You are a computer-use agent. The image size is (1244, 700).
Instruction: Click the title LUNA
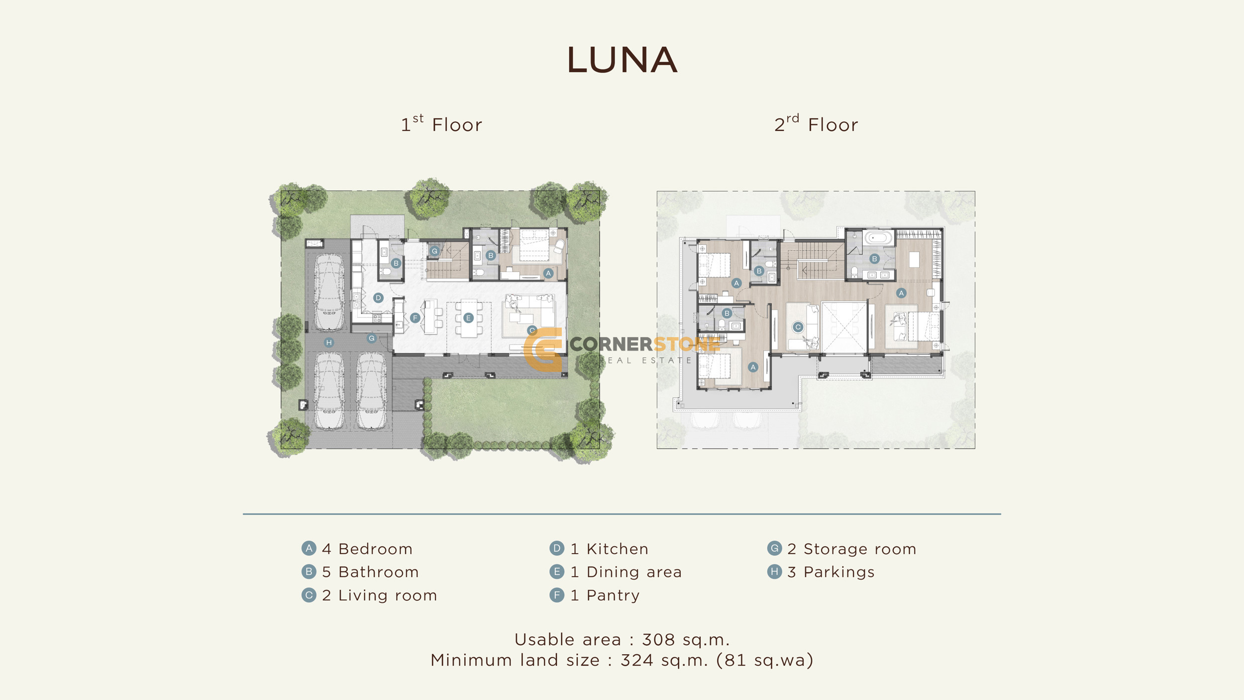pos(622,60)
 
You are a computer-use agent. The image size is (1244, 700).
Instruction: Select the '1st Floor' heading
pos(441,124)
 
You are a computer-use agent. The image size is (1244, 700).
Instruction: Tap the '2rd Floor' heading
pos(816,124)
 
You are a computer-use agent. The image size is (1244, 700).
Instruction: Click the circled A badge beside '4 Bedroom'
pos(309,548)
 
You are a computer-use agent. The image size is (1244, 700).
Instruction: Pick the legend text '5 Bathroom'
pos(370,572)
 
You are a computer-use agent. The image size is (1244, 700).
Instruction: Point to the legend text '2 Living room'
pos(379,595)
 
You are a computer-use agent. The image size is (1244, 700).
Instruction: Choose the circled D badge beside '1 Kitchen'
pos(557,548)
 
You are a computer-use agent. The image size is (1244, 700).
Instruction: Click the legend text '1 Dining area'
pos(626,572)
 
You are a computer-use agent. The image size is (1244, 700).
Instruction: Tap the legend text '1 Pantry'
pos(605,595)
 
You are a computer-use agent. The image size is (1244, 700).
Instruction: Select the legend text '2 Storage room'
pos(851,549)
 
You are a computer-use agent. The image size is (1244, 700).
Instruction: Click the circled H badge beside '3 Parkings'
pos(774,572)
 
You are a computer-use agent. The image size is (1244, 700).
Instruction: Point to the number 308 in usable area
pos(658,639)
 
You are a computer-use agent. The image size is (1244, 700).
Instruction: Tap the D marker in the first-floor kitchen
pos(378,298)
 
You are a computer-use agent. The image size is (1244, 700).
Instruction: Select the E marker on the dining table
pos(468,318)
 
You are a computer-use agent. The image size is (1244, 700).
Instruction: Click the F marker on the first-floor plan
pos(415,318)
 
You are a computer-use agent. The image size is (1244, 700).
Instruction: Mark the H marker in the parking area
pos(329,342)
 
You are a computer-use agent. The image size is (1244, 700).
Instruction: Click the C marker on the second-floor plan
pos(798,327)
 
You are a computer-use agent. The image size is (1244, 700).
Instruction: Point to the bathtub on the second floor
pos(878,237)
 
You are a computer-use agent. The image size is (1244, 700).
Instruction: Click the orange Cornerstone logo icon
pos(543,350)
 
